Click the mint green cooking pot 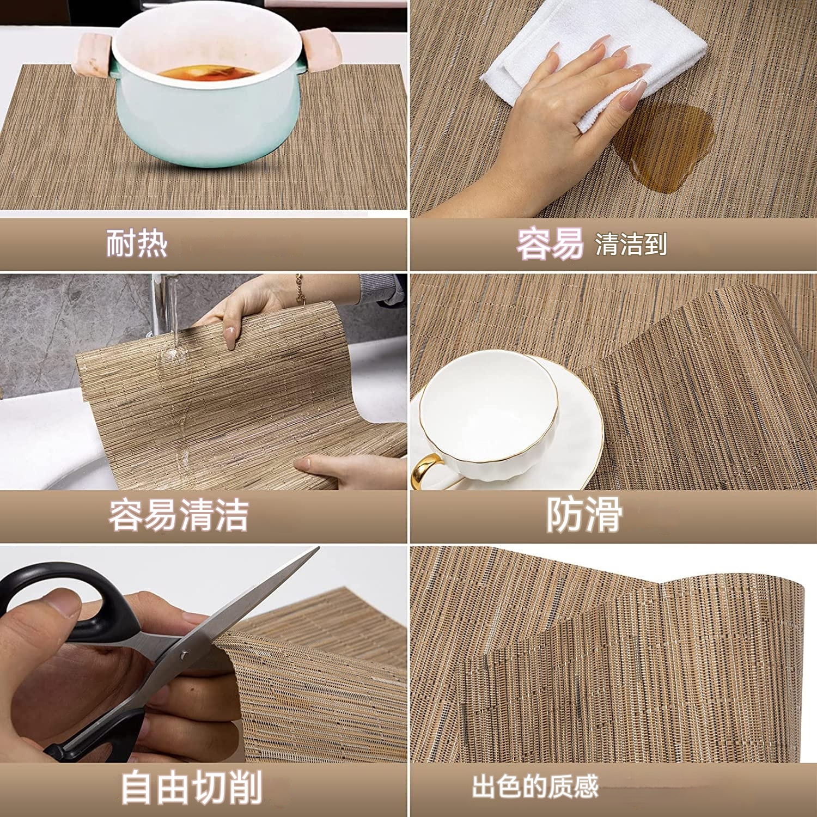coord(207,120)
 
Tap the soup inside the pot coord(207,72)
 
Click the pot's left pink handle coord(95,54)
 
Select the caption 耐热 coord(136,243)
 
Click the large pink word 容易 coord(550,243)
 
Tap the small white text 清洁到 coord(631,244)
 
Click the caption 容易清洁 coord(178,515)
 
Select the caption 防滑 coord(584,515)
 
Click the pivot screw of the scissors coord(184,655)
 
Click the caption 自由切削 coord(191,787)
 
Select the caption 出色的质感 coord(535,786)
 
